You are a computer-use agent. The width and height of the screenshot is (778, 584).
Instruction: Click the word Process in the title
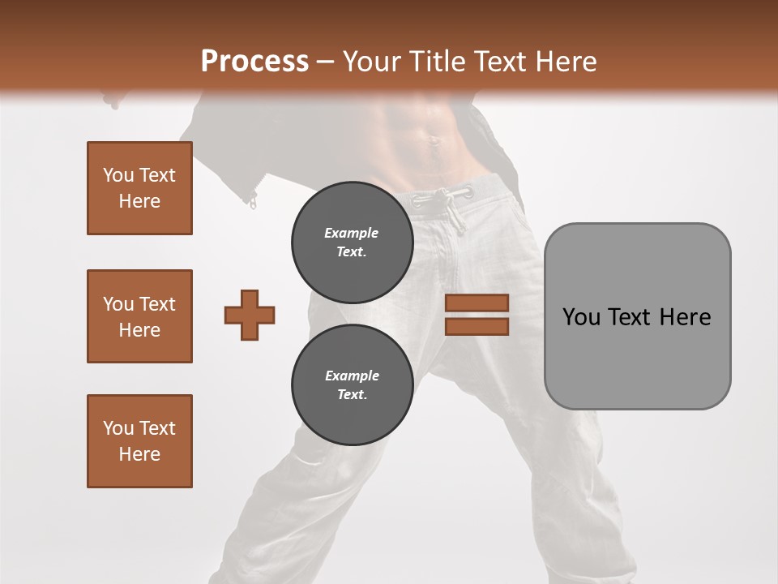(x=254, y=61)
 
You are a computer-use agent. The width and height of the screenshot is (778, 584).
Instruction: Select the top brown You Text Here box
(x=139, y=188)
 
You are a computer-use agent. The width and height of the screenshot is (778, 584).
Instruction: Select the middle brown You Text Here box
(x=139, y=316)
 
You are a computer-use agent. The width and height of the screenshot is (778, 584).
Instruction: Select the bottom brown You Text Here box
(x=139, y=441)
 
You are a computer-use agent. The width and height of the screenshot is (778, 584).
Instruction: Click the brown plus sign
(x=250, y=315)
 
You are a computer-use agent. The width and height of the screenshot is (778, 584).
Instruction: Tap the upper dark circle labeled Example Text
(x=352, y=243)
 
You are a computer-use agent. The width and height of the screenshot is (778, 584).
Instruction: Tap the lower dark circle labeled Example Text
(x=352, y=385)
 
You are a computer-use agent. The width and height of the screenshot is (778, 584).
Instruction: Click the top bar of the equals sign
(x=477, y=303)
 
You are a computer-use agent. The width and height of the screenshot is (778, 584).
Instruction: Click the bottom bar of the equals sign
(x=477, y=326)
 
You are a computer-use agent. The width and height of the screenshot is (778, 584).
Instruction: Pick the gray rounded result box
(x=637, y=316)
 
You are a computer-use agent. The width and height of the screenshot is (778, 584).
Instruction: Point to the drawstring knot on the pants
(x=444, y=196)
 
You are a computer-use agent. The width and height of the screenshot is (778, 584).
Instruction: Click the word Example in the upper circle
(x=352, y=233)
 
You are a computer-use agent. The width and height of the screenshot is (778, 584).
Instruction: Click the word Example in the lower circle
(x=352, y=376)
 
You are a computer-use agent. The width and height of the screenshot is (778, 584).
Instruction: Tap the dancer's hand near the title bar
(x=113, y=101)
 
